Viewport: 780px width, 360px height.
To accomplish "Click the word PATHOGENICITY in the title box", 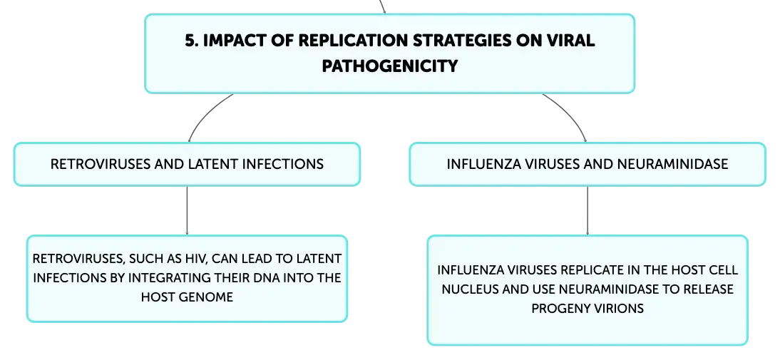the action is [x=389, y=66].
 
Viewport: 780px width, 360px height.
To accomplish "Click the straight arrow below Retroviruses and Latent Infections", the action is [x=187, y=210].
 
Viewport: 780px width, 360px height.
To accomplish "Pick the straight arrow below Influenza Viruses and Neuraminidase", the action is [x=587, y=210].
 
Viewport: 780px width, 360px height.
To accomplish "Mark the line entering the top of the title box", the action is [x=382, y=6].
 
